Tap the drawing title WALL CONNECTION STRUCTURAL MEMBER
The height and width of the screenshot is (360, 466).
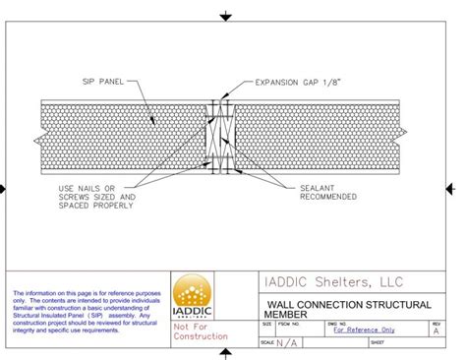pos(344,309)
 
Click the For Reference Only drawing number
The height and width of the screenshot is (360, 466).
pos(364,330)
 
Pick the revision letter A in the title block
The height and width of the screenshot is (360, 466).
pos(436,331)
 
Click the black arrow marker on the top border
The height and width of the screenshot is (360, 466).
pos(226,17)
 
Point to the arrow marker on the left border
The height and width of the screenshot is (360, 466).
pos(4,188)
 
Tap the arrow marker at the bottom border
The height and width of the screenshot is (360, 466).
pos(226,354)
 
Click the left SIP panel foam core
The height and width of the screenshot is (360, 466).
pos(118,138)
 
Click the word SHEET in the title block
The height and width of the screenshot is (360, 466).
pos(377,342)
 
